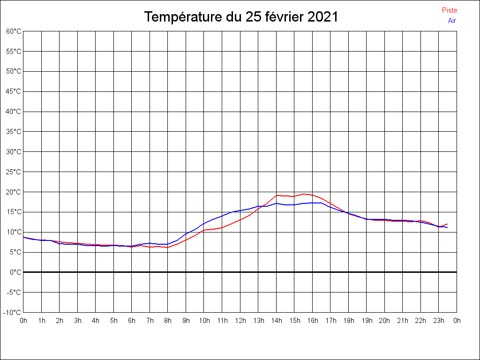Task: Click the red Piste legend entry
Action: point(449,10)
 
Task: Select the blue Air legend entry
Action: point(452,21)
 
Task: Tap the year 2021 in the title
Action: point(322,17)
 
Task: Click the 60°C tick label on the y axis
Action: point(14,31)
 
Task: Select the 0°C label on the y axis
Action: point(15,272)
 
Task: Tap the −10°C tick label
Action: point(13,313)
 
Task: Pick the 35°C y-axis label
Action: point(14,132)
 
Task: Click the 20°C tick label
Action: point(14,192)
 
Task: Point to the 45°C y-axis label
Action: point(14,91)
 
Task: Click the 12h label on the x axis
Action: point(240,321)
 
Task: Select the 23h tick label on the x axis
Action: point(439,321)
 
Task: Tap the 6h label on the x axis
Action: point(132,321)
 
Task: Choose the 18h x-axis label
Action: point(348,321)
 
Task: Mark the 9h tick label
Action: point(186,321)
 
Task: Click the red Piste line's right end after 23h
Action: point(448,224)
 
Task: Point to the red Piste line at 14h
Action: point(277,195)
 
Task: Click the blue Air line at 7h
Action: point(150,243)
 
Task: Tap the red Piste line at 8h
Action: point(168,247)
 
